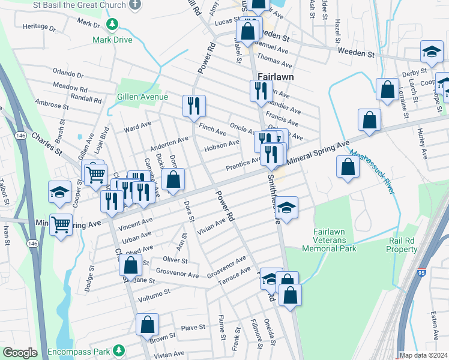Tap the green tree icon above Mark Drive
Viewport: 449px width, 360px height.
point(111,25)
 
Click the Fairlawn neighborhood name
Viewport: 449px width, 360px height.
point(275,77)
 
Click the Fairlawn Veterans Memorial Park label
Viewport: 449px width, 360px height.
point(334,240)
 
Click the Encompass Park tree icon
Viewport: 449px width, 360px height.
point(119,349)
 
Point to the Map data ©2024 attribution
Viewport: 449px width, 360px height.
point(423,355)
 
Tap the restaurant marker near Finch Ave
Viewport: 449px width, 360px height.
point(194,107)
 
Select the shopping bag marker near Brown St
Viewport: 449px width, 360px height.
point(147,325)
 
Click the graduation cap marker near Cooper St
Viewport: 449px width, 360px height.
point(59,192)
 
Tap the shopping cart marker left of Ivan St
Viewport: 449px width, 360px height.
point(61,226)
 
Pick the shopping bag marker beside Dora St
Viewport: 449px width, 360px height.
point(173,179)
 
